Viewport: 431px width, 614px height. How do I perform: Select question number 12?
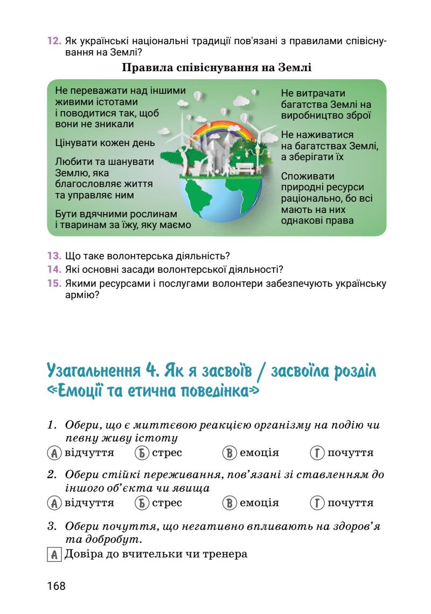(53, 42)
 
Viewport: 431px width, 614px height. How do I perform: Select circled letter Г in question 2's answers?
(318, 503)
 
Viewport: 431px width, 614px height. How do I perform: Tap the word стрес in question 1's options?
(166, 453)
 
